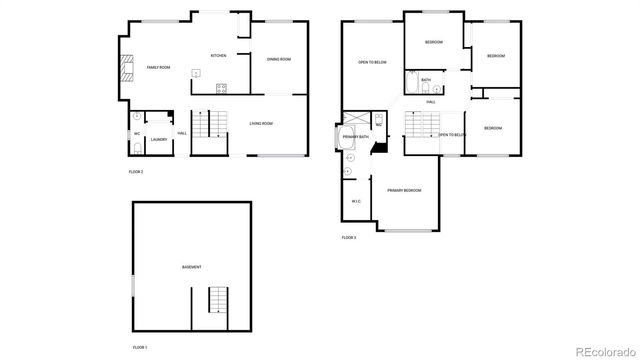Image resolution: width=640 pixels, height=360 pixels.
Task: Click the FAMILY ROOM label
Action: point(158,67)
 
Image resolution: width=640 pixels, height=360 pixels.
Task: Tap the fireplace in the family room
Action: point(127,68)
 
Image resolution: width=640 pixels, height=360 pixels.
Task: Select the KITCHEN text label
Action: point(219,55)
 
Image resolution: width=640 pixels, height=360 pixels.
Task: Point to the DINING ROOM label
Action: point(278,59)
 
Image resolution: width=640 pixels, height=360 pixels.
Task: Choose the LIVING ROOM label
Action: point(261,123)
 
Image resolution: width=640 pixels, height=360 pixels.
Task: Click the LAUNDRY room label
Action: point(158,140)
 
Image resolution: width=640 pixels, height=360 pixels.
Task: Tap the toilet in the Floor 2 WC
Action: point(137,147)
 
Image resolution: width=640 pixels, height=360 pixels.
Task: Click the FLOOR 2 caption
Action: point(136,172)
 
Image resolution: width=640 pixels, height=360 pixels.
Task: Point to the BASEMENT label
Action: point(191,267)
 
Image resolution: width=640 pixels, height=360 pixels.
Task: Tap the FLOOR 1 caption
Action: point(140,346)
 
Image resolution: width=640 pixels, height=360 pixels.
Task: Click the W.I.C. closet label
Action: point(356,202)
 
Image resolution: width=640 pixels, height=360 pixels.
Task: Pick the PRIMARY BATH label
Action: point(355,136)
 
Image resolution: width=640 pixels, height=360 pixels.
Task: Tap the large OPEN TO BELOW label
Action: point(372,62)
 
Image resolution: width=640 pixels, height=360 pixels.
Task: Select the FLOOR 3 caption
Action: point(349,237)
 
